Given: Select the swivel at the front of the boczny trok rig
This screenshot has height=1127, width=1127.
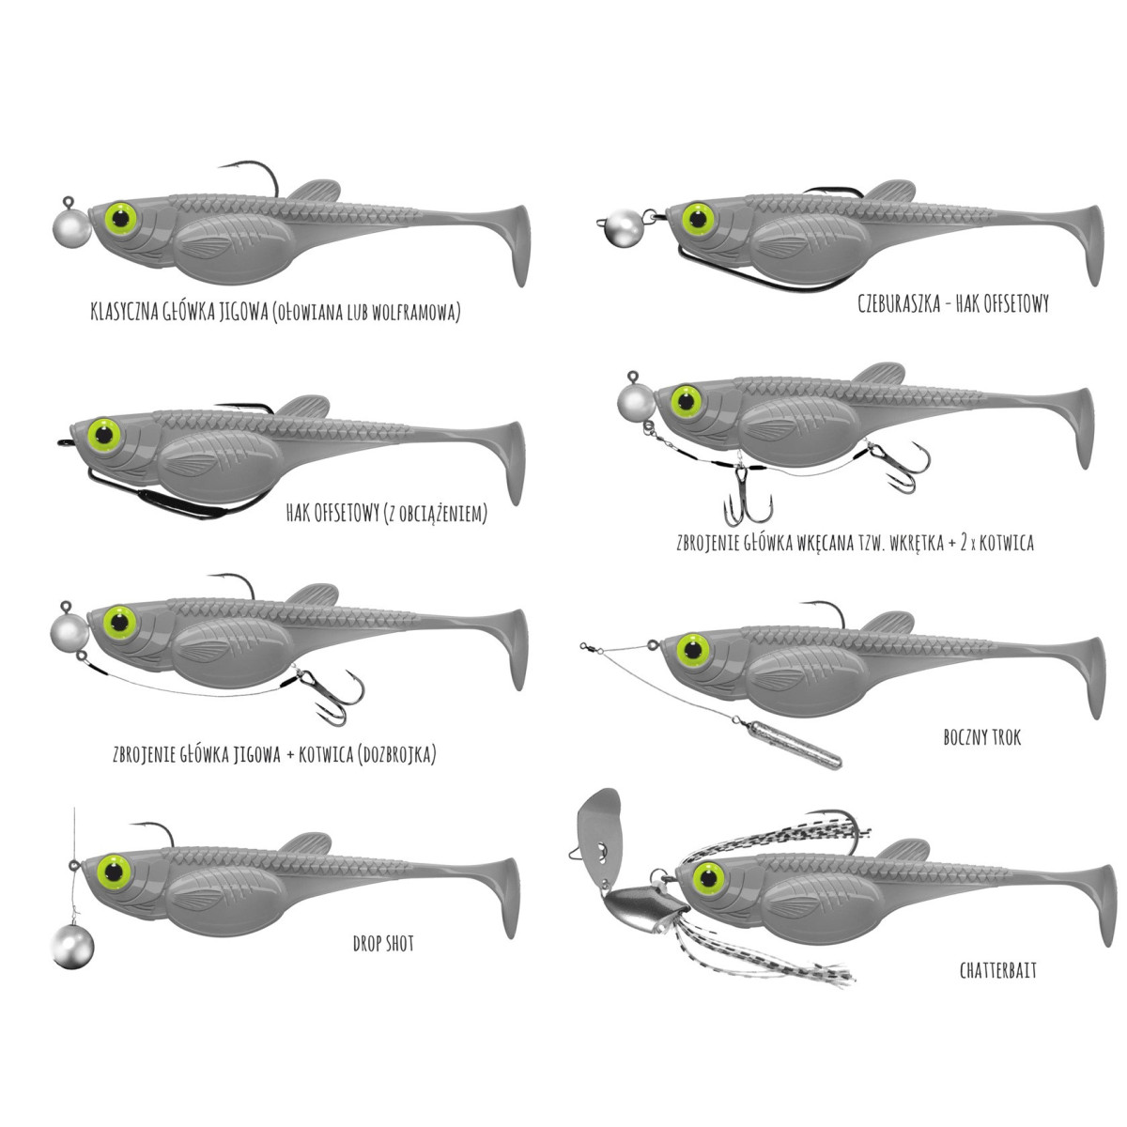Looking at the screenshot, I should point(590,645).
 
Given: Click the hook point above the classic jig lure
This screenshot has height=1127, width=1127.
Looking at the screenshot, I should point(223,167).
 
